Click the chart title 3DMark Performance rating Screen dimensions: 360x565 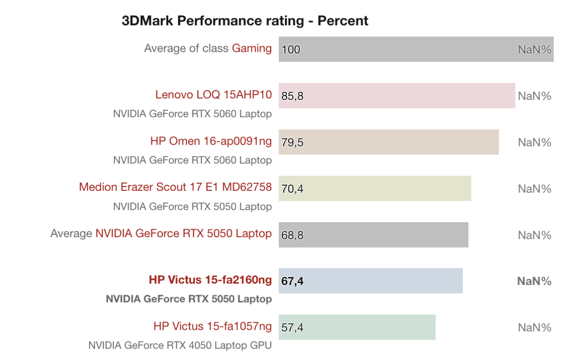[245, 21]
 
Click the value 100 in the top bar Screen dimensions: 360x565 [291, 49]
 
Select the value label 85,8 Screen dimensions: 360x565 [292, 96]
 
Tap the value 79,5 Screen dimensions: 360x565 [292, 142]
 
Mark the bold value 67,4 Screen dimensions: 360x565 [292, 281]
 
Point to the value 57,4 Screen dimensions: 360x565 [292, 327]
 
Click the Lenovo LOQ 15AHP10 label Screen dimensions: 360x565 [213, 95]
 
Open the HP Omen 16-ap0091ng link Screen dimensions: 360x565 [211, 141]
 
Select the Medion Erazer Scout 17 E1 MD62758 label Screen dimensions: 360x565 [175, 187]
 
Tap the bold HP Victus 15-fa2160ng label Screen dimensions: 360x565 [210, 280]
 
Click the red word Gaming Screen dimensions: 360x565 [251, 48]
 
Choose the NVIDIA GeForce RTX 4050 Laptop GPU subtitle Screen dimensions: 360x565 [180, 345]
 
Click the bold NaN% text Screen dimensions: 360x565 [534, 281]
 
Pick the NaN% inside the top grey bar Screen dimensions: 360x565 [534, 49]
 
